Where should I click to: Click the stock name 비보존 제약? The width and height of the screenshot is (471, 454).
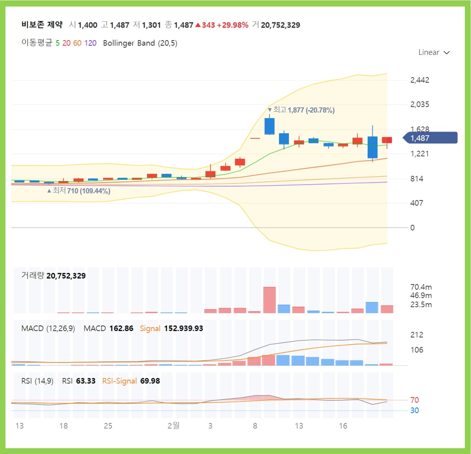click(x=42, y=25)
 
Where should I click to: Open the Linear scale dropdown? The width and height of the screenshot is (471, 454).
click(x=434, y=52)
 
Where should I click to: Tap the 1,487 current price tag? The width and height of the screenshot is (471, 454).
click(x=430, y=138)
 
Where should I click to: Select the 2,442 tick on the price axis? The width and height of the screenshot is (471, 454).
click(x=419, y=80)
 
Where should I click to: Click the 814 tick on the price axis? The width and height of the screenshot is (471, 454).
click(x=417, y=178)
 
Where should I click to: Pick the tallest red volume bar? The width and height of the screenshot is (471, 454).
click(x=269, y=300)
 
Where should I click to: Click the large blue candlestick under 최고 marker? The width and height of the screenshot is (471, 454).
click(x=269, y=126)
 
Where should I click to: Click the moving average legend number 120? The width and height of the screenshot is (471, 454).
click(x=90, y=43)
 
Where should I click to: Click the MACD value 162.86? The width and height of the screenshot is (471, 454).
click(x=121, y=328)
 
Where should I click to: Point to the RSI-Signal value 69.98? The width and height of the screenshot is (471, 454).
click(x=150, y=381)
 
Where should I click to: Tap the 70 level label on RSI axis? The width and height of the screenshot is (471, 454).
click(x=414, y=400)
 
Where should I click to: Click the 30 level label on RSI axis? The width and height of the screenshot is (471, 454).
click(x=414, y=410)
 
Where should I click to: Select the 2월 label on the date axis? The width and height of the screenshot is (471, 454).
click(x=173, y=425)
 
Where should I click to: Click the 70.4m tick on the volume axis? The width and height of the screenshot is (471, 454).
click(x=421, y=287)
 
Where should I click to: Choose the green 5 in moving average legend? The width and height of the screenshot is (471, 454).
click(x=58, y=43)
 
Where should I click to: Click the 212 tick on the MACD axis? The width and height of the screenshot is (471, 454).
click(x=417, y=335)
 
